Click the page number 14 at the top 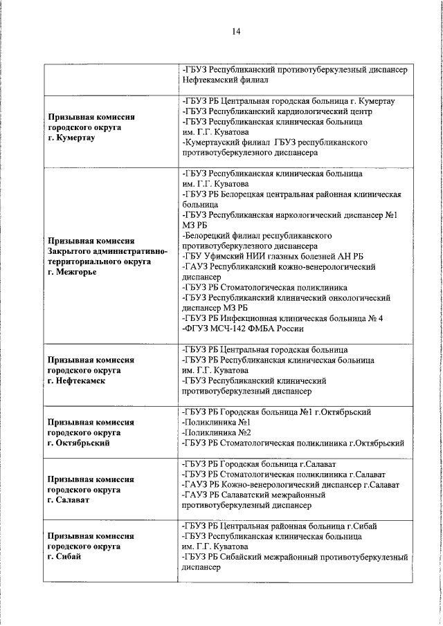click(236, 32)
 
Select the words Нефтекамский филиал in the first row click(220, 80)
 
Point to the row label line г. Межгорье click(72, 272)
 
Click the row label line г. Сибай click(64, 557)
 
